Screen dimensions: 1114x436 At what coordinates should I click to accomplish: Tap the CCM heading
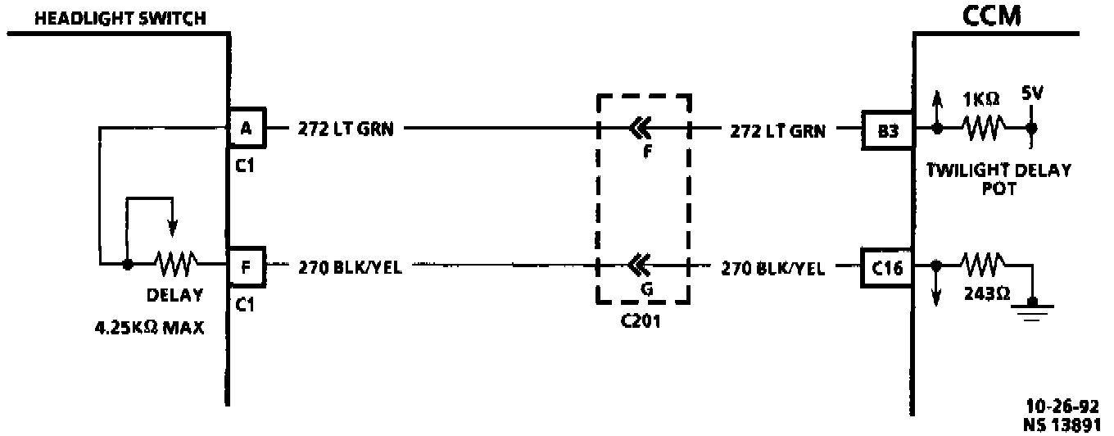point(992,15)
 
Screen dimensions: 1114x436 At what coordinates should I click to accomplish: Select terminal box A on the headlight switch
point(246,128)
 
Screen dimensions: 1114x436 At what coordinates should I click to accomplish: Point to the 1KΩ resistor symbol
point(983,129)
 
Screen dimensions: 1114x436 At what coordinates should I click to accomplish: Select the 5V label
point(1032,93)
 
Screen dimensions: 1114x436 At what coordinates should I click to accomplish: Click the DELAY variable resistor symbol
point(174,264)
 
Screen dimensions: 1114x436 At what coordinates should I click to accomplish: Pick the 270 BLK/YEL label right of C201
point(772,266)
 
